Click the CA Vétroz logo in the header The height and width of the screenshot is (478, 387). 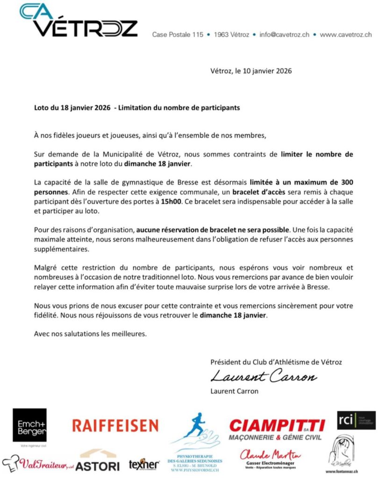(x=79, y=21)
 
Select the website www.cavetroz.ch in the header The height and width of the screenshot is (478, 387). (x=346, y=35)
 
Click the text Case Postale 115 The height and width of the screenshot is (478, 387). (x=178, y=35)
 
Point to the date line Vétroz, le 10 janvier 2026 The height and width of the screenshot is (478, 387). (x=251, y=71)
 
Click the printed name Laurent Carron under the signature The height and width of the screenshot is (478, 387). (x=234, y=391)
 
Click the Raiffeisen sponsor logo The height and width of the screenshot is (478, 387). (x=115, y=425)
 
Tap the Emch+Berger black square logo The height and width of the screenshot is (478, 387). (x=29, y=425)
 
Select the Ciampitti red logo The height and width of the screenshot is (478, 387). (x=277, y=426)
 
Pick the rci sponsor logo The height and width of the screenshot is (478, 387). (x=356, y=421)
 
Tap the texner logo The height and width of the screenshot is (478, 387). (x=144, y=464)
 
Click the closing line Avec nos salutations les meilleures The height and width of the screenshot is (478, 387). (x=90, y=334)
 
